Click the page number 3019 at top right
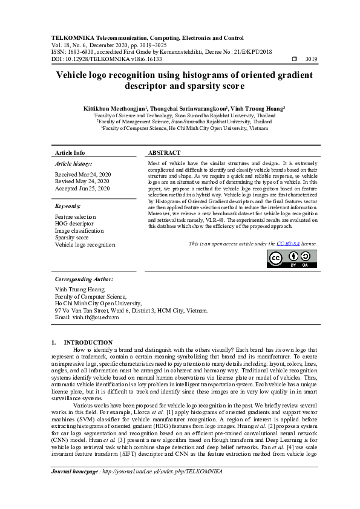coord(312,59)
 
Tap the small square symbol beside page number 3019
coord(294,59)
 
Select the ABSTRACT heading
coord(165,153)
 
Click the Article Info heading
coord(70,153)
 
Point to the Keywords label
coord(68,206)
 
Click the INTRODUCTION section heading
coord(88,342)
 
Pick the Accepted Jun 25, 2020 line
coord(82,189)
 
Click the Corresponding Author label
coord(83,279)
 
